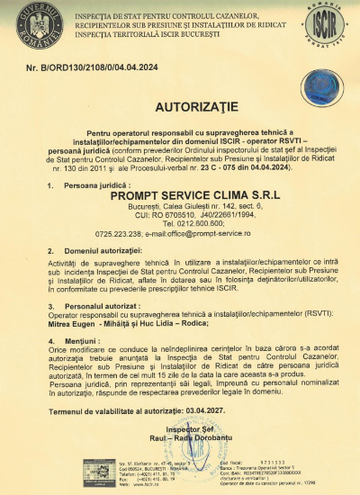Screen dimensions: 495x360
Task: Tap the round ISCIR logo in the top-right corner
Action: [328, 24]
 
